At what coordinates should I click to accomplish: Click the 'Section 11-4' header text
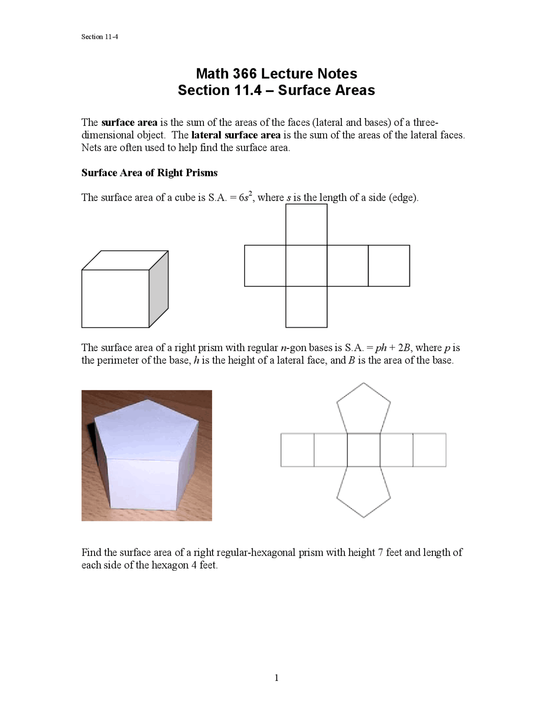pyautogui.click(x=99, y=37)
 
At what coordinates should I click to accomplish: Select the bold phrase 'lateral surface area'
pyautogui.click(x=235, y=135)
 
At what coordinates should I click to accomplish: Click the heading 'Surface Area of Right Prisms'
pyautogui.click(x=149, y=173)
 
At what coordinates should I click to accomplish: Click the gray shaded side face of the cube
pyautogui.click(x=159, y=289)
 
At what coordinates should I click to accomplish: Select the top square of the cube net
pyautogui.click(x=306, y=225)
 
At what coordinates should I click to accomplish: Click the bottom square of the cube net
pyautogui.click(x=306, y=307)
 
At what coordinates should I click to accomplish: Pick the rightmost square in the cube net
pyautogui.click(x=389, y=265)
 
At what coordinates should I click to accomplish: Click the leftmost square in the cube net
pyautogui.click(x=265, y=265)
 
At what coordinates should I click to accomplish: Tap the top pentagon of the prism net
pyautogui.click(x=364, y=409)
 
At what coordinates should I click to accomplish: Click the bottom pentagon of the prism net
pyautogui.click(x=364, y=492)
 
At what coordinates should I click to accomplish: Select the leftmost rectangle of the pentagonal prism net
pyautogui.click(x=297, y=450)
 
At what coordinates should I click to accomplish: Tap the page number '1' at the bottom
pyautogui.click(x=276, y=678)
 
